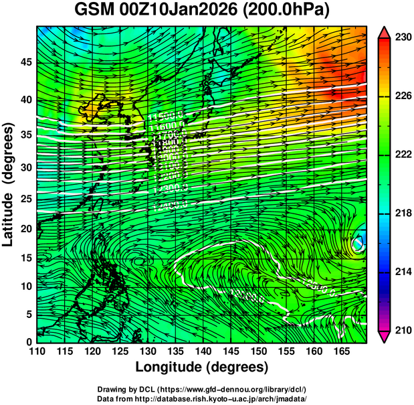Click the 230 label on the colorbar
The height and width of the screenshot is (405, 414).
pos(403,38)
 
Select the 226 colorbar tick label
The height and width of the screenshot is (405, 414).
pos(403,96)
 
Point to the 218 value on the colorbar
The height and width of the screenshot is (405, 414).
pos(403,214)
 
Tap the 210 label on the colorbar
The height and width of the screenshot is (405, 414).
pos(403,330)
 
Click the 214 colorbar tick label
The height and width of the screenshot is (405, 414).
pos(403,272)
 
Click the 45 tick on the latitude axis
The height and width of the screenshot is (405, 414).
pos(25,62)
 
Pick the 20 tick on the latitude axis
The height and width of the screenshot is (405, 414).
pos(25,229)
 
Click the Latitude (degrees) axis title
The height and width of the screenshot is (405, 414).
pos(9,184)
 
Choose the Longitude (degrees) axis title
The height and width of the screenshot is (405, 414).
pos(202,368)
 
